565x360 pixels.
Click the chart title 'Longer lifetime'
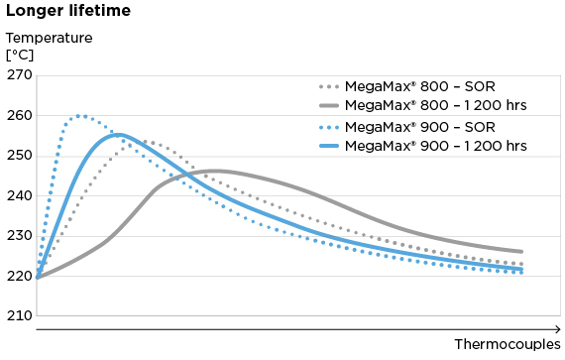pos(66,12)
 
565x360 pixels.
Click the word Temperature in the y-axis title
pos(49,38)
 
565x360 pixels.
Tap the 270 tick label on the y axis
pos(20,75)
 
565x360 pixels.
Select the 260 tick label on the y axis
pos(20,115)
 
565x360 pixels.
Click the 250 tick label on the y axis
pos(20,156)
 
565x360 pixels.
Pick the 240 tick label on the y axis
pos(20,195)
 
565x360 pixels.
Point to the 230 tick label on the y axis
pos(20,236)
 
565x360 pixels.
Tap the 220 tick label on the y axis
pos(20,276)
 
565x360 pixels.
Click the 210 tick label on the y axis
pos(20,315)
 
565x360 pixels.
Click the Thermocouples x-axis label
pos(508,344)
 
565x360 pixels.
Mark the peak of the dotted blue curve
pos(79,116)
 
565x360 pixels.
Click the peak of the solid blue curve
pos(118,134)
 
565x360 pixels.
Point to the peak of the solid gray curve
pos(216,171)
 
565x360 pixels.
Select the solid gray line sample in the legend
pos(338,105)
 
